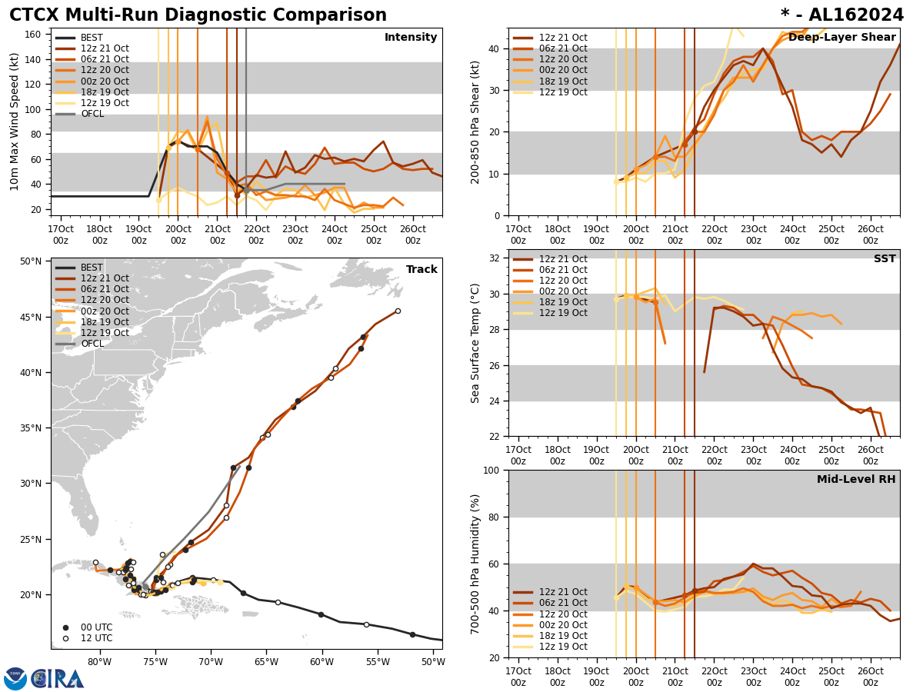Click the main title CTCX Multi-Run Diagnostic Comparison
(x=198, y=15)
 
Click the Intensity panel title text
(x=411, y=38)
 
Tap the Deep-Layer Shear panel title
(x=841, y=38)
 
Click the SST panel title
(x=884, y=259)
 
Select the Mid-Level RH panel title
(x=855, y=480)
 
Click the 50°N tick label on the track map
(x=32, y=261)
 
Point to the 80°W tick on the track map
(x=99, y=662)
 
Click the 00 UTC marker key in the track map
(x=91, y=627)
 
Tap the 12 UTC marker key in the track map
(x=91, y=638)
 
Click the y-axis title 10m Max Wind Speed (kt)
(x=15, y=121)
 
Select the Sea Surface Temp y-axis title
(x=475, y=343)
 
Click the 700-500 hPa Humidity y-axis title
(x=475, y=564)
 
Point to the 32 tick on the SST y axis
(x=495, y=258)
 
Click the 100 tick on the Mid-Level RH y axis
(x=492, y=471)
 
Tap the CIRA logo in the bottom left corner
(x=44, y=679)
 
